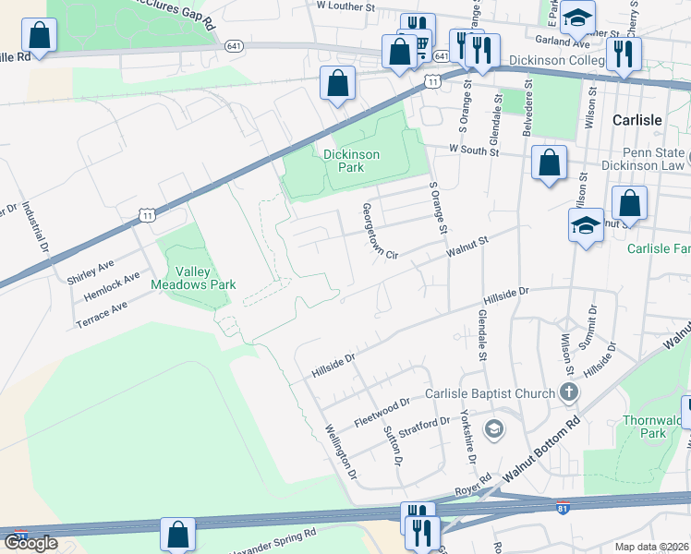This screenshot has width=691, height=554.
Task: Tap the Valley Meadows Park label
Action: (194, 279)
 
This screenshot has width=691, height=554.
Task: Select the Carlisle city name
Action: (637, 121)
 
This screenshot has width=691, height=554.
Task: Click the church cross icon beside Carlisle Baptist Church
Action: (568, 393)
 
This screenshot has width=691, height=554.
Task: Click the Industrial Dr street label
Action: (33, 228)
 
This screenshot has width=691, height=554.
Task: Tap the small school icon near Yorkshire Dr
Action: (494, 428)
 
